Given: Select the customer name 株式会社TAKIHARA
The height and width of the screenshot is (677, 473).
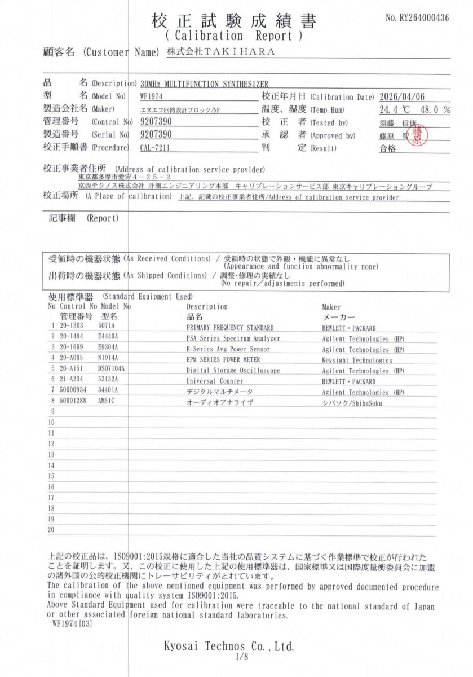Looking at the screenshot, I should [221, 52].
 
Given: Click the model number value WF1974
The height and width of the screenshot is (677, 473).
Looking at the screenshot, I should [151, 96].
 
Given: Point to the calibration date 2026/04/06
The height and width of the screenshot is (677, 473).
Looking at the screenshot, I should [403, 96].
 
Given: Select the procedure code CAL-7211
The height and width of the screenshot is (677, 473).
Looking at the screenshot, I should [154, 148].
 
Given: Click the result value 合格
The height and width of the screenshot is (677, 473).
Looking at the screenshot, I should [388, 148].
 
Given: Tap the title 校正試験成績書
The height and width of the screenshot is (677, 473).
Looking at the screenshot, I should [234, 21].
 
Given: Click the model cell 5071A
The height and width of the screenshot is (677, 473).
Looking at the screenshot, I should [107, 327].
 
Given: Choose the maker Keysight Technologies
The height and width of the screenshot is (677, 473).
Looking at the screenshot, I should [357, 360].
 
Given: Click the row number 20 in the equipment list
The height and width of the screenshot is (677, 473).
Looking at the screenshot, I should [51, 530].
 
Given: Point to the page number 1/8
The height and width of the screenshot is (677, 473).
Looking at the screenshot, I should [236, 657].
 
